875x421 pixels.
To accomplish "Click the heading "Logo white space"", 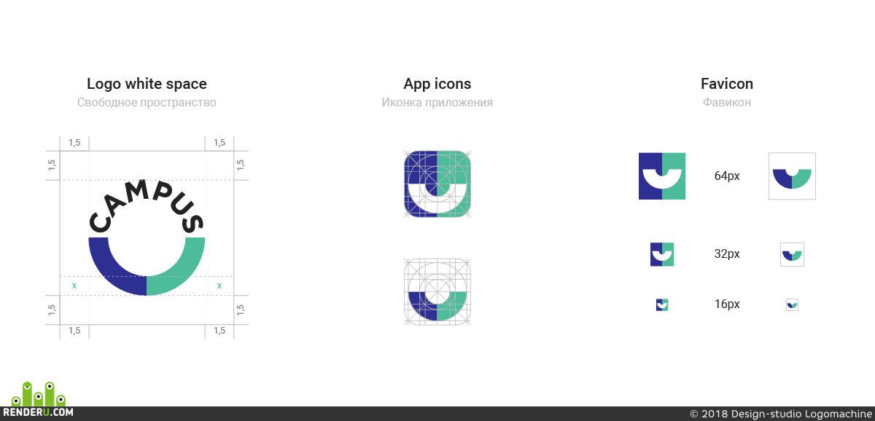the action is (147, 84).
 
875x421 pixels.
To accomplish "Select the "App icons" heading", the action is (437, 84).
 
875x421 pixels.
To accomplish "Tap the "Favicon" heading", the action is (726, 84).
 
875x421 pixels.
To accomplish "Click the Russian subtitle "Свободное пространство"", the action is (147, 102).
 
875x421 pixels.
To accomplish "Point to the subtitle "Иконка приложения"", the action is (437, 102).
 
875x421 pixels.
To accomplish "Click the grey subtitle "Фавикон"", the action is (726, 102).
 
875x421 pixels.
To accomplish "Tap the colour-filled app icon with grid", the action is (437, 184).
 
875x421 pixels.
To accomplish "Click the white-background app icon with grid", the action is (437, 291).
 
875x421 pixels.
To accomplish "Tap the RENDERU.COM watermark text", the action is (38, 412).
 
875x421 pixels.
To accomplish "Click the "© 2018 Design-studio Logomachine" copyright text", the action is (781, 414).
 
